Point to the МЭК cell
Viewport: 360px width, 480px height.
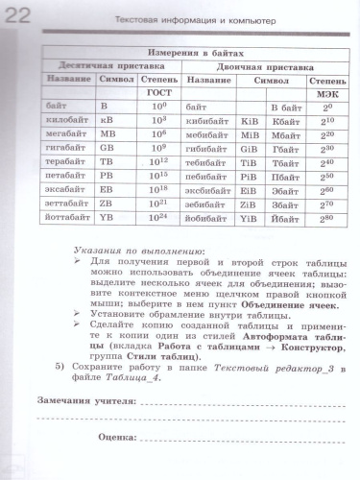coord(324,95)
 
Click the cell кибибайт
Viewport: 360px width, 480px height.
coord(206,121)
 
